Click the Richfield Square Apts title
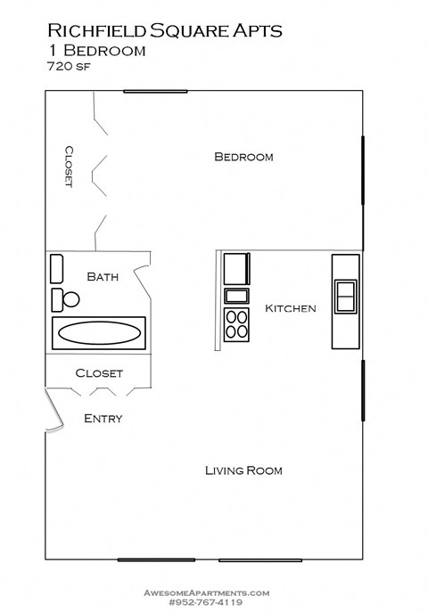tap(164, 30)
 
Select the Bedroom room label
tap(243, 157)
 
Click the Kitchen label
tap(291, 308)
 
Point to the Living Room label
tap(243, 470)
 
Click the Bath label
tap(103, 277)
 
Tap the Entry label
tap(103, 418)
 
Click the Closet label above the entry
tap(99, 373)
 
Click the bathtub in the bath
tap(98, 333)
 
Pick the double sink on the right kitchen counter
tap(345, 297)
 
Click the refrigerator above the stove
tap(237, 268)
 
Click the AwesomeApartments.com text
tap(206, 592)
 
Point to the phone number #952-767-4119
tap(206, 601)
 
